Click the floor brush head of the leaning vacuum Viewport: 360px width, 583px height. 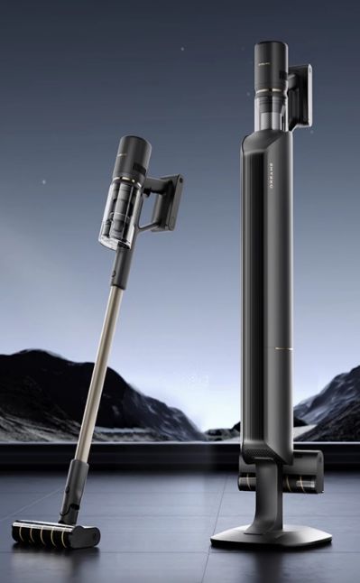coord(55,533)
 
